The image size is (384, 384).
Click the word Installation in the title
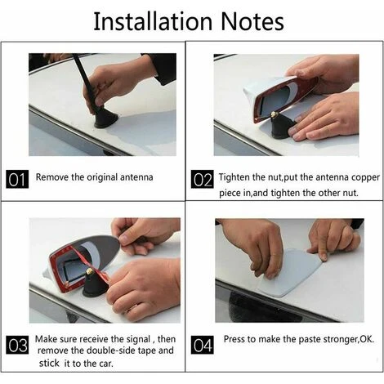click(153, 21)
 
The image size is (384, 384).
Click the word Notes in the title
click(252, 21)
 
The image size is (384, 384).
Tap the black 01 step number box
click(17, 180)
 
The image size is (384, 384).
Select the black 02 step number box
click(202, 180)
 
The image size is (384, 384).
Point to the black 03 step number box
click(17, 345)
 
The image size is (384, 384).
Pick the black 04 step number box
click(202, 345)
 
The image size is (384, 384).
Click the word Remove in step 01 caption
click(52, 177)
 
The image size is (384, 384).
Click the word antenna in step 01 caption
click(136, 177)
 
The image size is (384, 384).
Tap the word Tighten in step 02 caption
click(234, 177)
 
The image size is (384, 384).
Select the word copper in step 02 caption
click(365, 178)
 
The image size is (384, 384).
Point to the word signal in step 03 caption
click(138, 339)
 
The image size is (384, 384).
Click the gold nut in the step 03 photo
click(89, 271)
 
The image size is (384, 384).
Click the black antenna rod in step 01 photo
click(86, 82)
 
